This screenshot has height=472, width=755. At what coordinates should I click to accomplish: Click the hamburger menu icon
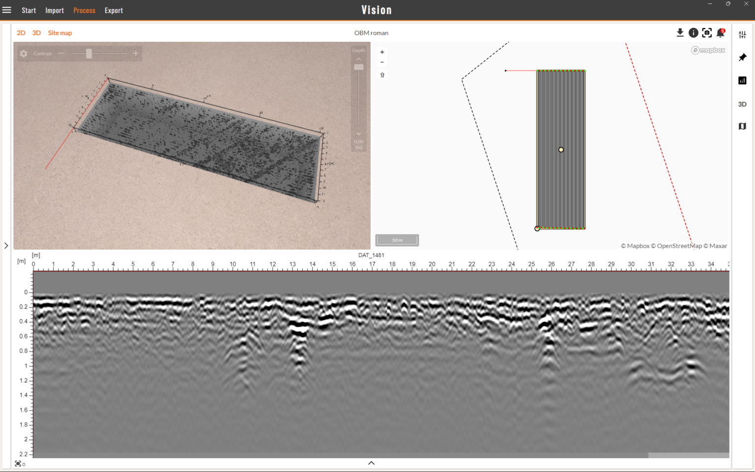[7, 10]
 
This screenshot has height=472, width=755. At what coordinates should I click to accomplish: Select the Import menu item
[55, 10]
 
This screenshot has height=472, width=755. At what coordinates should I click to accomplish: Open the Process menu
[84, 10]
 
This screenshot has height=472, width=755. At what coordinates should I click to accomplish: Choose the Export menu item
[114, 10]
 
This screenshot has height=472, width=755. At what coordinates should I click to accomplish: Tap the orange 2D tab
[21, 33]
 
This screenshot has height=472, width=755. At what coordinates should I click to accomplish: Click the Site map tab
[60, 33]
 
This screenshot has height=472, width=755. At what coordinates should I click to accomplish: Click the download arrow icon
[680, 32]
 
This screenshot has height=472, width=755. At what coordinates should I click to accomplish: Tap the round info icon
[693, 32]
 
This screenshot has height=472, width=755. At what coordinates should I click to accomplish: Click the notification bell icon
[721, 33]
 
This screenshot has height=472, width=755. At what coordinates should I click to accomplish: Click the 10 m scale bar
[397, 240]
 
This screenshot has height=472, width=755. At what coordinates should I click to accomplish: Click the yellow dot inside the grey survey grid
[561, 150]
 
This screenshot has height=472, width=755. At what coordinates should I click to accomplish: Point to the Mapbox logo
[708, 50]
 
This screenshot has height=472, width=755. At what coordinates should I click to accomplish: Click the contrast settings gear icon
[24, 53]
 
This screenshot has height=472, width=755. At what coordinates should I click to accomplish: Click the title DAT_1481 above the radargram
[371, 255]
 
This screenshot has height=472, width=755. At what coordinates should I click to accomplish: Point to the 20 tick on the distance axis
[432, 264]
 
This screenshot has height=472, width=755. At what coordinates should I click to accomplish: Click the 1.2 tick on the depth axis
[23, 380]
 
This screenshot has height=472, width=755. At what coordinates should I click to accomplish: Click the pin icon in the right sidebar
[742, 58]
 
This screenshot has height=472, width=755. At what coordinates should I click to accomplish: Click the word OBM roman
[371, 33]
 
